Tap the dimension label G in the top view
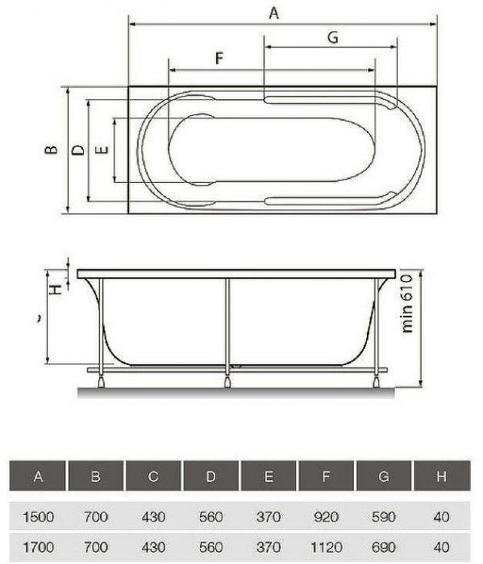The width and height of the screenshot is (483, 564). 331,37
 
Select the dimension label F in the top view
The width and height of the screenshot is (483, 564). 218,58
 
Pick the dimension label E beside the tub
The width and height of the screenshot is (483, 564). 101,151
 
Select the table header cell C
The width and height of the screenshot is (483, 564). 153,477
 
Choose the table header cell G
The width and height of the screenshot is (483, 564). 384,477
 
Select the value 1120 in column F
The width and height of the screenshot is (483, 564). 326,547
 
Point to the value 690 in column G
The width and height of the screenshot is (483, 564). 384,547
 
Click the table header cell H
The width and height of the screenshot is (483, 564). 441,477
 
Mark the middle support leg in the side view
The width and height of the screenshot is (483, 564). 228,330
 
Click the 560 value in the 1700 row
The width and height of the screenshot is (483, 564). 210,547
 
